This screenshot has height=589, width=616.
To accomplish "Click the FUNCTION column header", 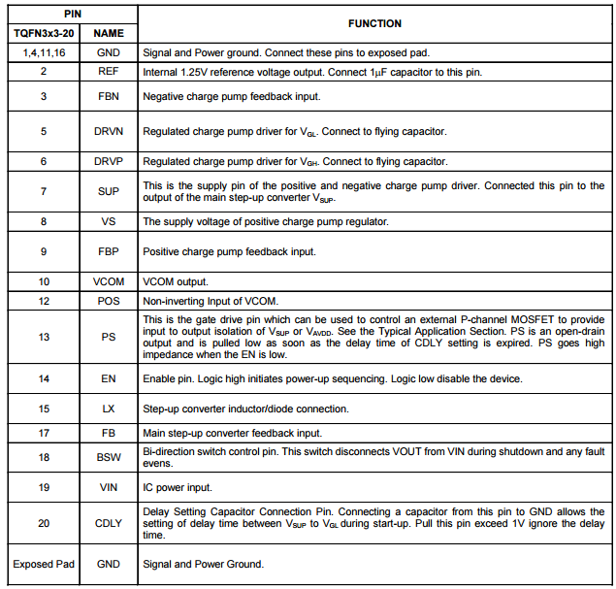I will pos(373,23).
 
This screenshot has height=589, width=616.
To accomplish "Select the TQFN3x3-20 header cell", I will pos(44,33).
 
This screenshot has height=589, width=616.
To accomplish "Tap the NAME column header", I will pos(109,33).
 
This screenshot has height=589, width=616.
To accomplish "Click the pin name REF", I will pos(109,72).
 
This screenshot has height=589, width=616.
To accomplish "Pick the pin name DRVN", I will pos(109,130).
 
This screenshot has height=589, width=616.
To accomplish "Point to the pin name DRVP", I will pos(109,161).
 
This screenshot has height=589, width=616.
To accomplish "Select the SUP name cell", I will pos(109,192).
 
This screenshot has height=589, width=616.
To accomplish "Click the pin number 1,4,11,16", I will pos(44,51).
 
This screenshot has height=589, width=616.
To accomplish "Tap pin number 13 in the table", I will pos(44,337).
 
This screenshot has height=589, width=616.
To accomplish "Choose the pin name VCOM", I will pos(109,281).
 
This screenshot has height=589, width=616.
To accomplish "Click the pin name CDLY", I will pos(109,522).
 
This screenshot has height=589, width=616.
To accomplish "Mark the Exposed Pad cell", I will pos(44,564).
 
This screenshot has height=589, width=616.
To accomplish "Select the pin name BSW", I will pos(109,457).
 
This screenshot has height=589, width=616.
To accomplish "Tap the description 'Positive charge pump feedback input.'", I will pos(230,252).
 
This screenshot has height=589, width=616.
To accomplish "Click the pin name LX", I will pos(109,409).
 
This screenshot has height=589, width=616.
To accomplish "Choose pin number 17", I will pos(44,433).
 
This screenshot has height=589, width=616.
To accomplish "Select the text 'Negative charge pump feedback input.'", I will pos(231,97).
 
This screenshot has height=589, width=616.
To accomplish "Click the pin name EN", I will pos(109,378).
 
